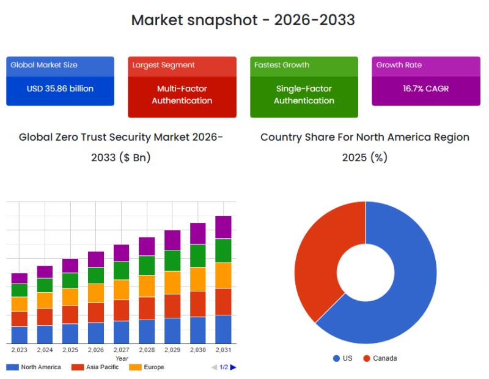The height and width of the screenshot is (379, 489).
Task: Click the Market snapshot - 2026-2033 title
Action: (x=243, y=20)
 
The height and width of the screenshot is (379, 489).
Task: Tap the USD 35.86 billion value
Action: (x=60, y=89)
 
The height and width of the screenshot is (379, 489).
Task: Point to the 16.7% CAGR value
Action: (x=425, y=89)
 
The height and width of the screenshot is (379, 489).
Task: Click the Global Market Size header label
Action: (x=44, y=65)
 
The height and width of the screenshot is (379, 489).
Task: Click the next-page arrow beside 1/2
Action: (x=233, y=367)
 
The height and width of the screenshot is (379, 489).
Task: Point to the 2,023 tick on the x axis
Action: (x=20, y=350)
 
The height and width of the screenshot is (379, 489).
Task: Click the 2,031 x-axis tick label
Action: (x=223, y=350)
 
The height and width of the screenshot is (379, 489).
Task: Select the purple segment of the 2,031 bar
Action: (x=223, y=227)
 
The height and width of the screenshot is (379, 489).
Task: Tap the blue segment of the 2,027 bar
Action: (x=122, y=332)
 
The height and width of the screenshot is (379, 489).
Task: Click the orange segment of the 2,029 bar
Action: (x=172, y=282)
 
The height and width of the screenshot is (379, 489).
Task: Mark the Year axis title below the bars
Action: (x=122, y=358)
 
